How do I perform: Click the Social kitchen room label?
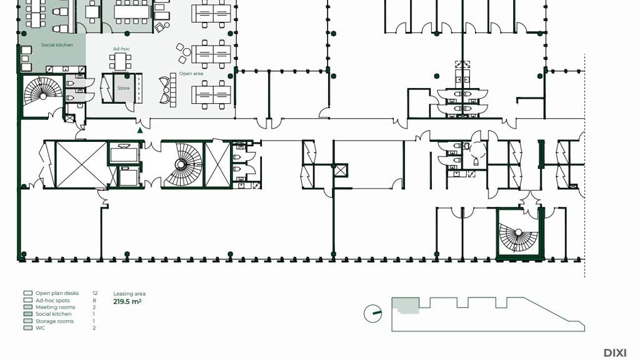pyautogui.click(x=57, y=45)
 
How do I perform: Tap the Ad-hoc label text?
pyautogui.click(x=121, y=49)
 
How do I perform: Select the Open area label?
pyautogui.click(x=191, y=74)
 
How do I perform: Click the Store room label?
pyautogui.click(x=124, y=88)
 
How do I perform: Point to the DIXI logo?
pyautogui.click(x=615, y=352)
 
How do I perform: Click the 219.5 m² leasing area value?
pyautogui.click(x=127, y=302)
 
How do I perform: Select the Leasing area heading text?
pyautogui.click(x=129, y=294)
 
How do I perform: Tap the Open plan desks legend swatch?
pyautogui.click(x=27, y=293)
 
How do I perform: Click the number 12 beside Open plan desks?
pyautogui.click(x=95, y=293)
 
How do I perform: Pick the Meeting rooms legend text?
pyautogui.click(x=56, y=307)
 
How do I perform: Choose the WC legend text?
pyautogui.click(x=41, y=327)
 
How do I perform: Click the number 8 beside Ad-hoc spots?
pyautogui.click(x=94, y=300)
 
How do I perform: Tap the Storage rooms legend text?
pyautogui.click(x=55, y=321)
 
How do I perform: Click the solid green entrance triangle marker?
pyautogui.click(x=140, y=130)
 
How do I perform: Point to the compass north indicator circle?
pyautogui.click(x=372, y=314)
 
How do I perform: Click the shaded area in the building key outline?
pyautogui.click(x=405, y=305)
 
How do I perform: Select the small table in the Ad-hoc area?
pyautogui.click(x=120, y=61)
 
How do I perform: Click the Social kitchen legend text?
pyautogui.click(x=54, y=314)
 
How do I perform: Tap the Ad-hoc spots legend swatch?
pyautogui.click(x=27, y=300)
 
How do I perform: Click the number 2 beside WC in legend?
pyautogui.click(x=94, y=327)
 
